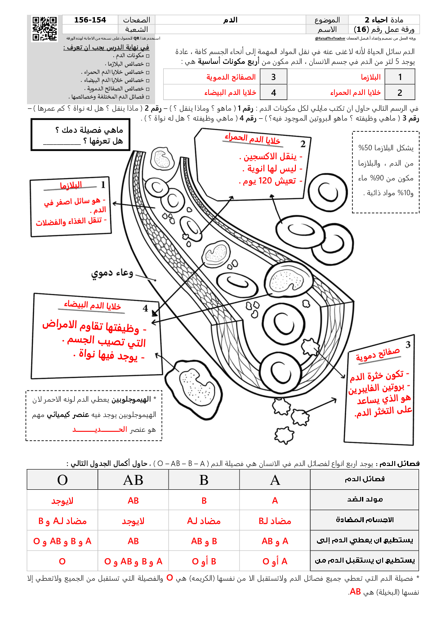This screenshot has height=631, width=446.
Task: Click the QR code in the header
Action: [x=45, y=29]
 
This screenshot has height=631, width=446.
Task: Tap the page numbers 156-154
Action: [x=90, y=20]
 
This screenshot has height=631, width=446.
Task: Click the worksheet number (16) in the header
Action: [x=361, y=30]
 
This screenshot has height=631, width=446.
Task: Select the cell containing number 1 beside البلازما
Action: [x=400, y=77]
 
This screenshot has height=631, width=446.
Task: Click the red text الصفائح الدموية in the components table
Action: [x=231, y=77]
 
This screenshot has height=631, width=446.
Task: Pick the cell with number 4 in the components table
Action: [x=273, y=93]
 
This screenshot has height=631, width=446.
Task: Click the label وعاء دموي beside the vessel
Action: [x=112, y=273]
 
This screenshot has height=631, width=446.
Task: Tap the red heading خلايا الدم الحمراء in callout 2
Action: [x=253, y=139]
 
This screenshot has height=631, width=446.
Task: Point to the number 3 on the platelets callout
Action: [x=408, y=345]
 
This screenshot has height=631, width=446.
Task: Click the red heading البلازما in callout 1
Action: [x=71, y=185]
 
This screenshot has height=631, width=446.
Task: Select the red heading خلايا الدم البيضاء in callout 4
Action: [x=92, y=305]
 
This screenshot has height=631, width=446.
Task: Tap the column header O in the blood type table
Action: [x=62, y=480]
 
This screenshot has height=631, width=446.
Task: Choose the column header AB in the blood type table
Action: [x=133, y=480]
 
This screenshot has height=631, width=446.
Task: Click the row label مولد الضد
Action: [x=365, y=500]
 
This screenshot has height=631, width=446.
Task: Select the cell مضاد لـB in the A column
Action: [x=275, y=521]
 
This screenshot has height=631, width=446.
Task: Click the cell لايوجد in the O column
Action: [x=62, y=501]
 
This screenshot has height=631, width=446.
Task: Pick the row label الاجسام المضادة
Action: [x=365, y=520]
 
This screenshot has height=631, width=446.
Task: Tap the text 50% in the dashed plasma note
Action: [x=365, y=148]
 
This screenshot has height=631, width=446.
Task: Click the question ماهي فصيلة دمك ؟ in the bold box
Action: [x=89, y=130]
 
